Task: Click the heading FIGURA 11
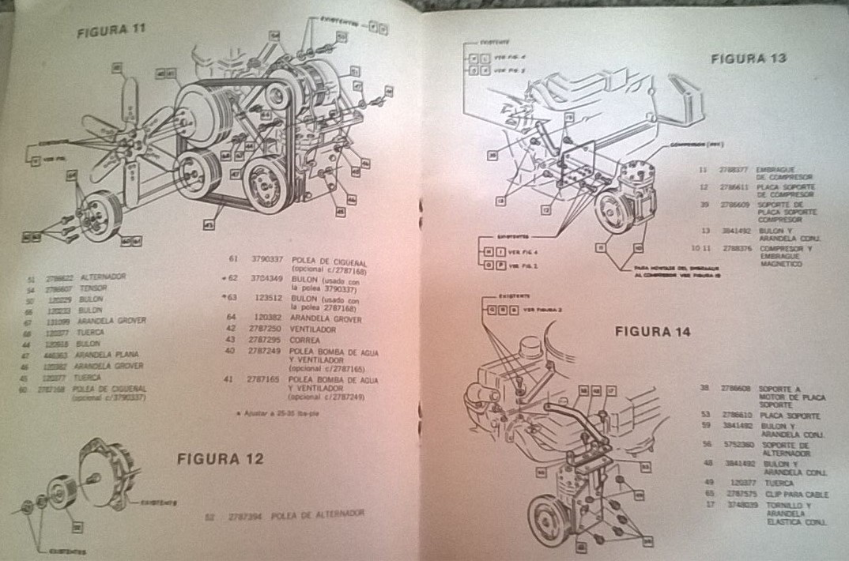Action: (x=111, y=32)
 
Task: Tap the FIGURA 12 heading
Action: (x=220, y=458)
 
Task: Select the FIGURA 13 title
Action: (x=748, y=57)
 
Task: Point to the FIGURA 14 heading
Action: (x=653, y=331)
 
